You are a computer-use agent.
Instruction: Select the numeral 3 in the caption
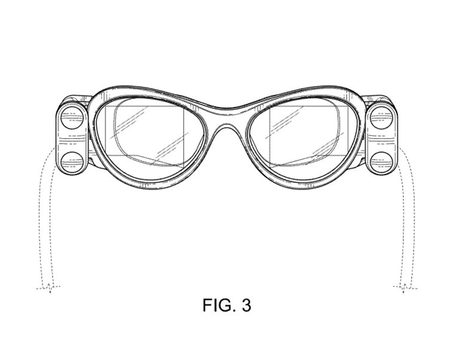tap(246, 306)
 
